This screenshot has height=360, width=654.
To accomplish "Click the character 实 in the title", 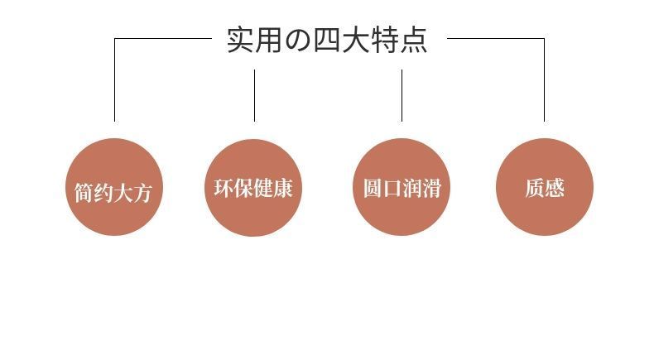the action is click(x=240, y=40).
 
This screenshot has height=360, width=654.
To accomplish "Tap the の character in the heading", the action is click(x=298, y=41).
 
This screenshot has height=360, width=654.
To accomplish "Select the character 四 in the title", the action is click(x=326, y=41).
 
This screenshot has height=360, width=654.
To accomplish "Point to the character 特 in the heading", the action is click(x=385, y=40).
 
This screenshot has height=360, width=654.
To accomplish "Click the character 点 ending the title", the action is click(x=414, y=40).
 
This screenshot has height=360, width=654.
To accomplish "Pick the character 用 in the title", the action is click(x=268, y=40).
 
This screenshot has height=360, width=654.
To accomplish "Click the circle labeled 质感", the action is click(x=545, y=187).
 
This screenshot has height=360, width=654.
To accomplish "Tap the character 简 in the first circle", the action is click(x=84, y=193).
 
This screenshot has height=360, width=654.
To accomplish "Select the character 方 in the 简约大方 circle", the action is click(x=142, y=193).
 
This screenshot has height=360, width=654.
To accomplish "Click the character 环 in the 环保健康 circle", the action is click(x=224, y=188).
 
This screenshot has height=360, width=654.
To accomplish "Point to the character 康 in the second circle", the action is click(x=283, y=188).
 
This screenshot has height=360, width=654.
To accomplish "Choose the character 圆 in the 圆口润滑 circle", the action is click(x=373, y=188).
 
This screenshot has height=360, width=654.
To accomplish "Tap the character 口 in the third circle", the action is click(x=392, y=188).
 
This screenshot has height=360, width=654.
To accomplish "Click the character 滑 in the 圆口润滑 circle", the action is click(x=431, y=188).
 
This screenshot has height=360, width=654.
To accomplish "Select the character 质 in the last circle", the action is click(x=535, y=188).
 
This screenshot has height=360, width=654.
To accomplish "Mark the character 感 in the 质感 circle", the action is click(x=555, y=188).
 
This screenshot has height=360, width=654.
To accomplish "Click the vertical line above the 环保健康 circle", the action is click(x=254, y=95).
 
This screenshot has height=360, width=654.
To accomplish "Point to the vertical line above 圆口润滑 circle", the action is click(x=402, y=95).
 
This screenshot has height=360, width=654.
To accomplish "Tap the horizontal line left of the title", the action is click(x=163, y=39).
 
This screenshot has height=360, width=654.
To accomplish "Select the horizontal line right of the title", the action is click(x=496, y=38).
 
